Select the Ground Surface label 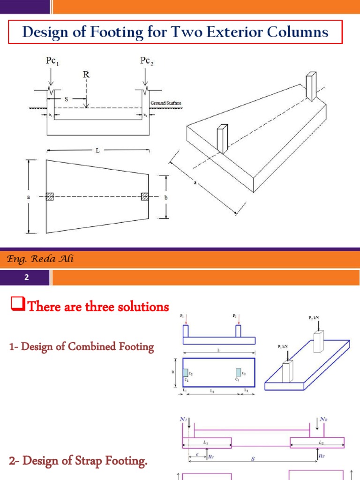click(x=166, y=103)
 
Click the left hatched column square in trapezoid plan click(x=50, y=196)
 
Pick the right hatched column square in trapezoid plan click(x=145, y=196)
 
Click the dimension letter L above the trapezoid click(x=98, y=151)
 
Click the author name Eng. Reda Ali click(x=40, y=260)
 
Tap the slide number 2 click(x=27, y=277)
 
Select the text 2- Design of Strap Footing click(x=78, y=462)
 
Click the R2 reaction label click(x=322, y=455)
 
